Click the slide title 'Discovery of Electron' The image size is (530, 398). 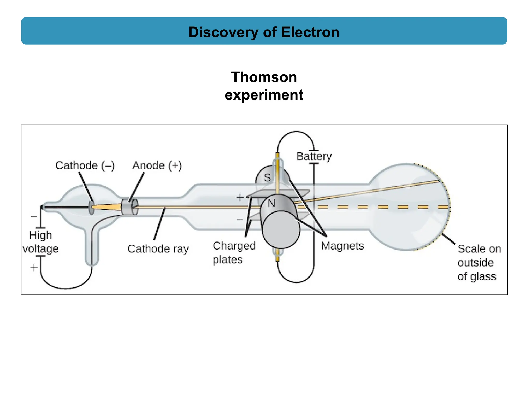click(264, 32)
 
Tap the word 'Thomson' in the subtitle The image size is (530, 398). click(264, 77)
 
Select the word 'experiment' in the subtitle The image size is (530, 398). click(264, 95)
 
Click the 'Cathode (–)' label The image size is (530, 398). click(85, 166)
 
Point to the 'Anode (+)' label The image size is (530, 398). click(157, 166)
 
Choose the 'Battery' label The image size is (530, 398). click(314, 157)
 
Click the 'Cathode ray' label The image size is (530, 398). click(158, 249)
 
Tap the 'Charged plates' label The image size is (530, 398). click(234, 253)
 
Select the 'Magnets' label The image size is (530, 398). click(342, 246)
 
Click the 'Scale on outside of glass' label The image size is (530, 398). click(479, 262)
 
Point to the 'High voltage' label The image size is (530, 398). click(40, 242)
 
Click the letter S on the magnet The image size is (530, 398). click(267, 178)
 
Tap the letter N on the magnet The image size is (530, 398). click(271, 203)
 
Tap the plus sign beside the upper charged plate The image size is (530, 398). click(240, 197)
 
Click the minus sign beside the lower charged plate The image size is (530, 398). click(240, 220)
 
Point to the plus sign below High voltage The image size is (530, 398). click(34, 267)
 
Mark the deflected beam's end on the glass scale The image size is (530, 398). click(439, 181)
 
